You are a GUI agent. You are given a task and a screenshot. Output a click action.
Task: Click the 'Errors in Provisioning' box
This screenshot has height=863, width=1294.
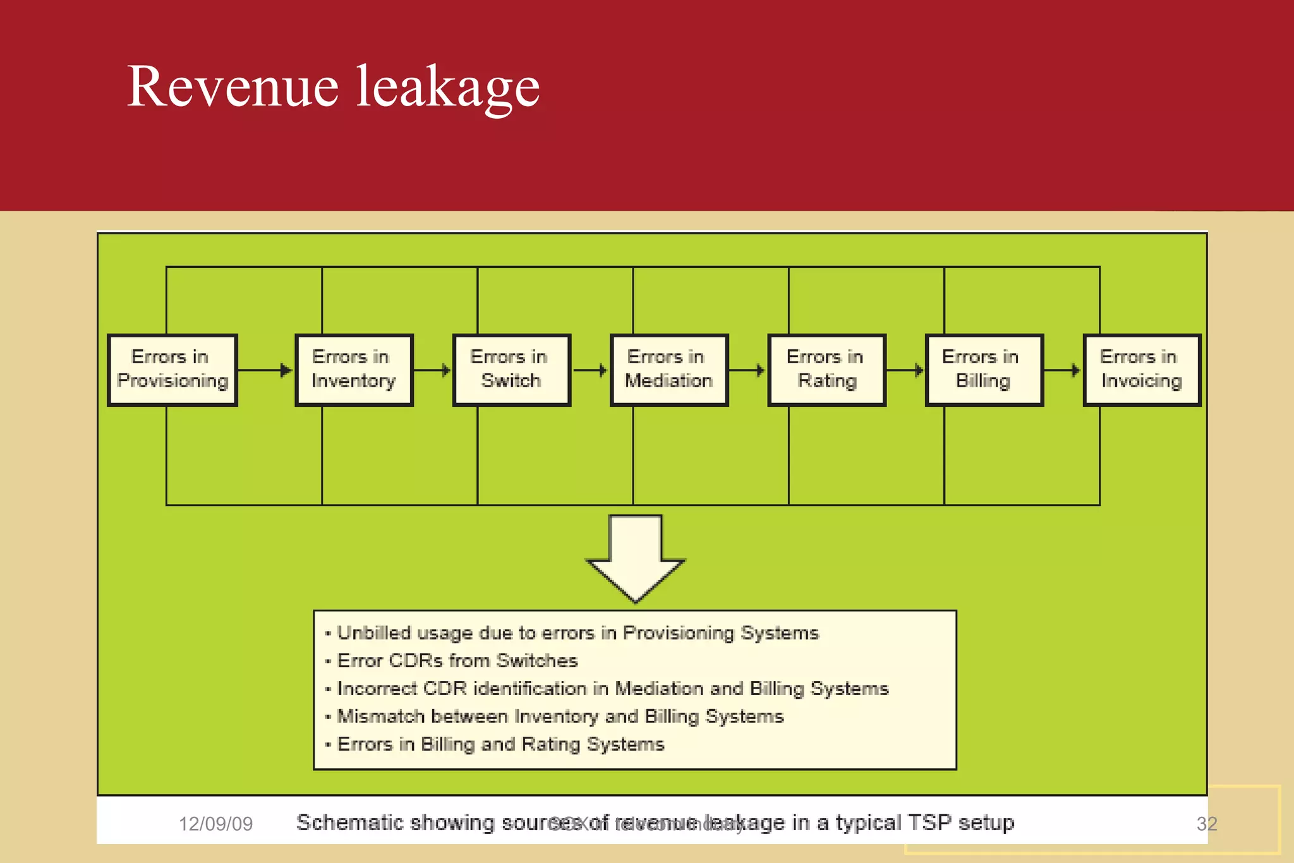[x=172, y=370]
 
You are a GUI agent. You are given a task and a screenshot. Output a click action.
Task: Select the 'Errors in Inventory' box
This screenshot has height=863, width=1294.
[x=354, y=370]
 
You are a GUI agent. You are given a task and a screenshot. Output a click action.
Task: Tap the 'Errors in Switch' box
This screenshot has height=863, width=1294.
[x=511, y=370]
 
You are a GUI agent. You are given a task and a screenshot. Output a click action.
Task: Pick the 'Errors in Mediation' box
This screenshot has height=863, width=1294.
[x=668, y=370]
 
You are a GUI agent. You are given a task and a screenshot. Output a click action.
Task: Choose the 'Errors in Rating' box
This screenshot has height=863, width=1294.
[x=826, y=370]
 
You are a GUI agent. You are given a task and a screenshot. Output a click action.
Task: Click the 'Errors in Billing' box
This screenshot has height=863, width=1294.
[x=984, y=370]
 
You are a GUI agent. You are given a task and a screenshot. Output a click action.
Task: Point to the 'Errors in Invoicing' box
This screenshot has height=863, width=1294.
[x=1141, y=370]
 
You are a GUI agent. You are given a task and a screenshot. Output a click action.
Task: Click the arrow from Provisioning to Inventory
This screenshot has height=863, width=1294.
[x=265, y=370]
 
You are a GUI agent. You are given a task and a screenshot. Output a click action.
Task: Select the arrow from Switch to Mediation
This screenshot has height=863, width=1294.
[x=590, y=370]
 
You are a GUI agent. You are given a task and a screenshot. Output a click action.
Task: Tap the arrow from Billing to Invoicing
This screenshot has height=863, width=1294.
[x=1063, y=370]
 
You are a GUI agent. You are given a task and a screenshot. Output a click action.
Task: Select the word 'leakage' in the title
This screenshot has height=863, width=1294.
[x=448, y=87]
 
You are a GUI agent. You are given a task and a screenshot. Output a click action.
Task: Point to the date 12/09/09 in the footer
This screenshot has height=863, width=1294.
[x=215, y=824]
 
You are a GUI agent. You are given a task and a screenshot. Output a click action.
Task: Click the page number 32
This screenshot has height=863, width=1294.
[x=1206, y=824]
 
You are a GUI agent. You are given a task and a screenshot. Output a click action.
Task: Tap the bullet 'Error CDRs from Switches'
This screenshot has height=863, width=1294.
[x=457, y=661]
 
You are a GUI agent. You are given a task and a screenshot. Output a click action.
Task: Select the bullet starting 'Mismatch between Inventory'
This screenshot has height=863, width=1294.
[x=560, y=716]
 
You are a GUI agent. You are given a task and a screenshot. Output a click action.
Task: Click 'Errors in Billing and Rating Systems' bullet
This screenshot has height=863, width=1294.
[x=500, y=744]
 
